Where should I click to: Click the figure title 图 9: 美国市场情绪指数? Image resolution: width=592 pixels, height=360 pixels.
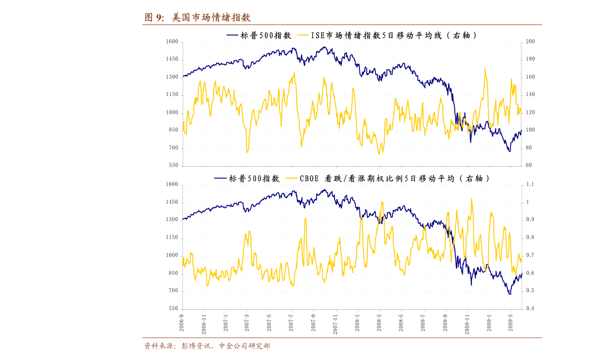(197, 17)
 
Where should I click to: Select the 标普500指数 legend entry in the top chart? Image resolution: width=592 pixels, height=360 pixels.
(259, 35)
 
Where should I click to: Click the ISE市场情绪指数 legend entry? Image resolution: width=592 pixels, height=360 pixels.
(386, 35)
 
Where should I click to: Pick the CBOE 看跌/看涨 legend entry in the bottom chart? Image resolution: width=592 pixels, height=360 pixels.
(387, 179)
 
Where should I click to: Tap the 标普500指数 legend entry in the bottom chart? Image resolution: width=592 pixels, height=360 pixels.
(247, 179)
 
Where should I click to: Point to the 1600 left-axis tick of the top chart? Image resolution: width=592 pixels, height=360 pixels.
(172, 42)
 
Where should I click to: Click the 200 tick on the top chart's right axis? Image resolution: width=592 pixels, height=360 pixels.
(530, 42)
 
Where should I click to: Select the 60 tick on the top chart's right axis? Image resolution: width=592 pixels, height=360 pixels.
(528, 165)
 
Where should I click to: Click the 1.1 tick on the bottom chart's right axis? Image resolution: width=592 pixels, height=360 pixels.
(530, 184)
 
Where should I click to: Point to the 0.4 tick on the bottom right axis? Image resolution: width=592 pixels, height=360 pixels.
(530, 308)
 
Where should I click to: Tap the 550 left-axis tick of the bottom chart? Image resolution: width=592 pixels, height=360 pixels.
(173, 308)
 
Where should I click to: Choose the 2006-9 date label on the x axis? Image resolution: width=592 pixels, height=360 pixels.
(181, 323)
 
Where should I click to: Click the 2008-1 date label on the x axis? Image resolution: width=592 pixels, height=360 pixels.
(357, 323)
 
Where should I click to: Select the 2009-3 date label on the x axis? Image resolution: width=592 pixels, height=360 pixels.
(511, 323)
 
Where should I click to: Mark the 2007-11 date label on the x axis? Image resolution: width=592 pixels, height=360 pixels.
(335, 324)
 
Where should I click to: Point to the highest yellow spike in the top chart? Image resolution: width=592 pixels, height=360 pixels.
(485, 69)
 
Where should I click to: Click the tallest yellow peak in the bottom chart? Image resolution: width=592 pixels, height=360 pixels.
(472, 199)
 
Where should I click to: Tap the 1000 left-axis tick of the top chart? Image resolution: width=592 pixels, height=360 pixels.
(172, 112)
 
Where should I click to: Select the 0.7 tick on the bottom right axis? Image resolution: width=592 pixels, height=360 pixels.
(530, 255)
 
